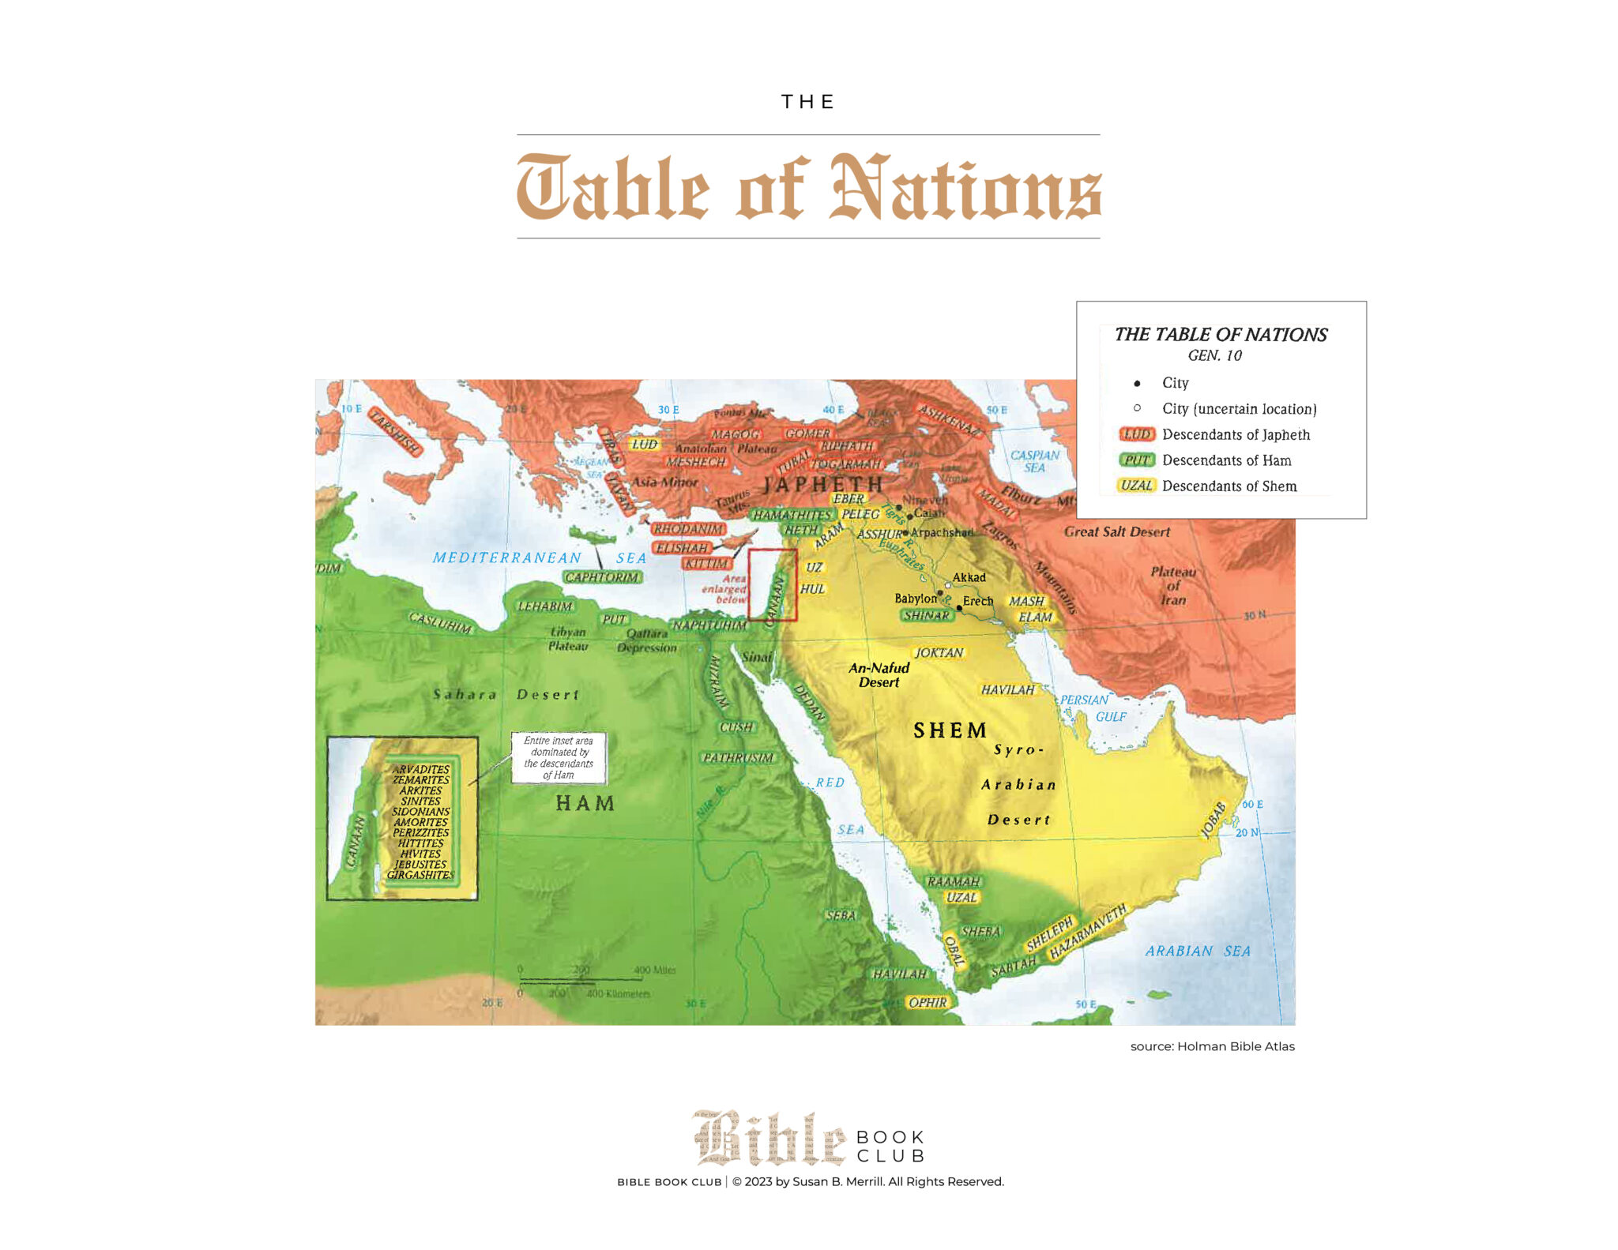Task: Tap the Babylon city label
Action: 915,599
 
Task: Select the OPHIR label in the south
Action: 927,1002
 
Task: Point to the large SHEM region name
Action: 950,730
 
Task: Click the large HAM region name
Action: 585,804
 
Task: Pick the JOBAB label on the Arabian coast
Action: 1213,820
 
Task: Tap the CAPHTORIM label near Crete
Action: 602,577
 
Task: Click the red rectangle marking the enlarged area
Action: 772,584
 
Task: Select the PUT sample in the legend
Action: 1137,460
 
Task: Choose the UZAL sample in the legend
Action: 1136,486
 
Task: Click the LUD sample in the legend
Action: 1137,434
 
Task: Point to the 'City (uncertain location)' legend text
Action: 1238,409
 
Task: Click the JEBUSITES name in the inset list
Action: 420,864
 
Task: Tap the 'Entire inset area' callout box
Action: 559,757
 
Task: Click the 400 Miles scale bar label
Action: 654,970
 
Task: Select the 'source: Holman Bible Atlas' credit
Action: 1212,1046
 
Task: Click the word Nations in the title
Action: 965,190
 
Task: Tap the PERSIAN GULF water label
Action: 1094,708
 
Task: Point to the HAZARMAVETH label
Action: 1088,933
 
